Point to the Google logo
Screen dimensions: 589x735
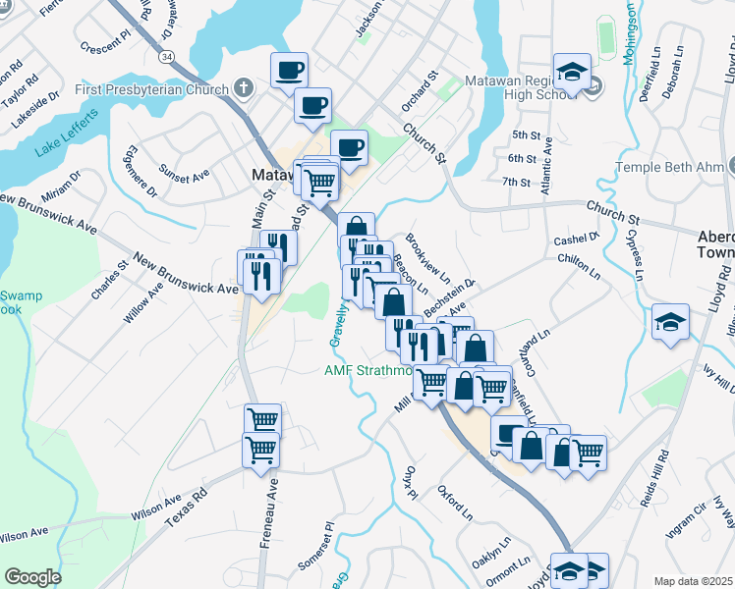pyautogui.click(x=32, y=576)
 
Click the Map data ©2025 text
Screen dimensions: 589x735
pyautogui.click(x=695, y=581)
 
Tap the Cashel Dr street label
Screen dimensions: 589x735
pyautogui.click(x=576, y=239)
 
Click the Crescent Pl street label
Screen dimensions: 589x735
pyautogui.click(x=105, y=45)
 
